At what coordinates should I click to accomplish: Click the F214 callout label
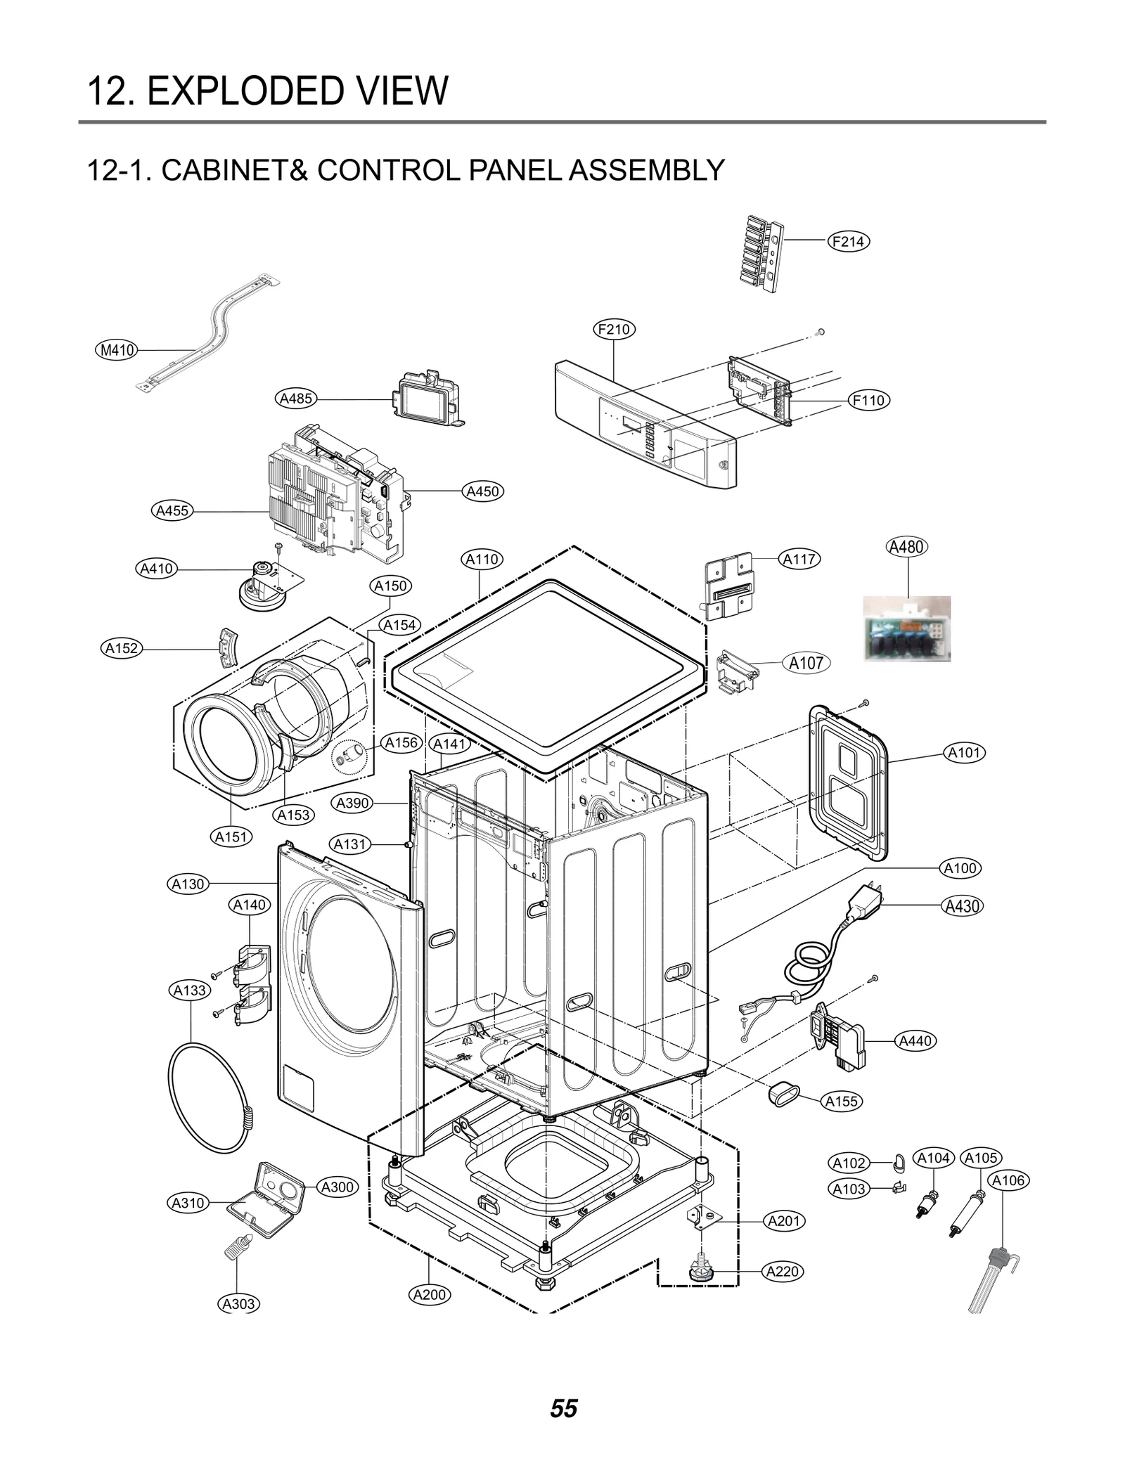point(848,242)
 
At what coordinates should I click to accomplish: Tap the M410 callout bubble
point(117,349)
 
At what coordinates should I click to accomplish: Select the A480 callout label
point(906,547)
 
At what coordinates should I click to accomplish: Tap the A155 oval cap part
point(782,1093)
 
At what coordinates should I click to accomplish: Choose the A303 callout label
point(238,1304)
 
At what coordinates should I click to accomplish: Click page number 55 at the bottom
point(563,1409)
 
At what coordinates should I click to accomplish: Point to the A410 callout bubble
point(156,568)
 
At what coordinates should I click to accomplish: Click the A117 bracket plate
point(728,586)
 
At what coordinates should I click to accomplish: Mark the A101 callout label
point(964,753)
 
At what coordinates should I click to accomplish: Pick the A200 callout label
point(430,1294)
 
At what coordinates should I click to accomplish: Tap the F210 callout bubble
point(615,329)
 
